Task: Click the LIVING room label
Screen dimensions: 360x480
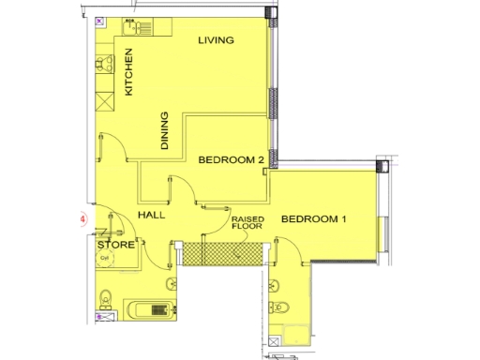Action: click(x=216, y=40)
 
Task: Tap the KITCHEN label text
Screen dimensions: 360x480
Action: click(x=130, y=72)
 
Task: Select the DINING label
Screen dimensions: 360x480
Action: click(x=165, y=131)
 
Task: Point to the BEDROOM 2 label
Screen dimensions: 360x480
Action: click(x=231, y=160)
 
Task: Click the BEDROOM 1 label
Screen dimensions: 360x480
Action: click(x=314, y=219)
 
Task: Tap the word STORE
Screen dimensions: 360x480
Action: click(x=115, y=246)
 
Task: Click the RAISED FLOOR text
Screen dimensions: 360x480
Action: click(x=248, y=223)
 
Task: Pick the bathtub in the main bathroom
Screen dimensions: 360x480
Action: click(x=150, y=308)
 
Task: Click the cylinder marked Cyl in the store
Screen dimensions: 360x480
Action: click(x=105, y=258)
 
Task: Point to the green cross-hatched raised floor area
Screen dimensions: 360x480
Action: click(x=219, y=252)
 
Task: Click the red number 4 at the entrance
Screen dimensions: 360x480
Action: click(x=83, y=221)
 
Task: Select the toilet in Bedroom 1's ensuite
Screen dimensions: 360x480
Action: click(x=282, y=307)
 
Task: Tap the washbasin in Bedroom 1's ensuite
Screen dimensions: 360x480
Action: click(x=274, y=284)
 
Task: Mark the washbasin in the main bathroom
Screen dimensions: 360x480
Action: click(x=171, y=283)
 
